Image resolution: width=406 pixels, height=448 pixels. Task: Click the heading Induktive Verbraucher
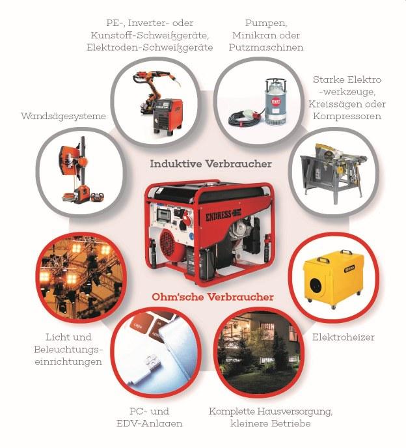coord(211,164)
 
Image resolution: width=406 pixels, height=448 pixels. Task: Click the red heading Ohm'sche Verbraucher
coord(213,297)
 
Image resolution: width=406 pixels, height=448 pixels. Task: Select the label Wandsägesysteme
coord(63,117)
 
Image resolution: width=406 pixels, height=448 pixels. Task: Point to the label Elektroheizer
coord(343,337)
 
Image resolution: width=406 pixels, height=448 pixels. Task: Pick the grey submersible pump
coord(275,101)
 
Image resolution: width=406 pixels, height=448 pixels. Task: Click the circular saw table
coord(332,172)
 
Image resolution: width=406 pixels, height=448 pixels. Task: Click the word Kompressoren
coord(347,117)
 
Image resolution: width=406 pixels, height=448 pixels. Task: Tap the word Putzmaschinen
coord(266,48)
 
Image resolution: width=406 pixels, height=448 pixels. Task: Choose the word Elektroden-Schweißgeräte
coord(150,48)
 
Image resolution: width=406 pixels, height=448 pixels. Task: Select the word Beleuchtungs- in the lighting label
coord(68,350)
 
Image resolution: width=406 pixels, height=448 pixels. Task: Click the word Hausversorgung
coord(295,412)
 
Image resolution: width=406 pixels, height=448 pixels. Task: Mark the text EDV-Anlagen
coord(150,423)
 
